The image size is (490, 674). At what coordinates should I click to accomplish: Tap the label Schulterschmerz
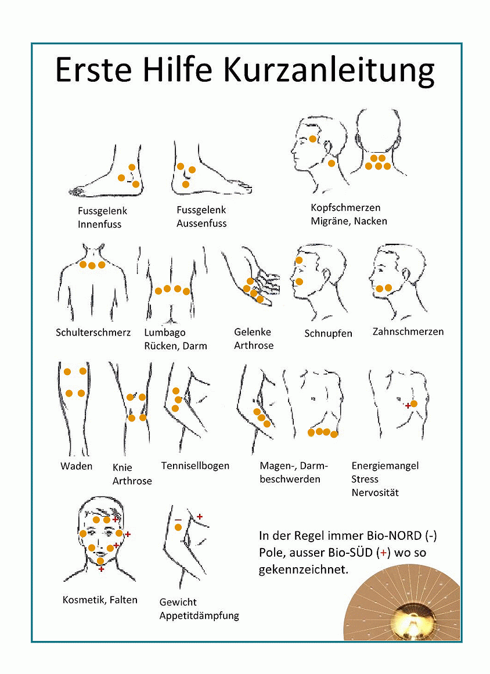(x=93, y=332)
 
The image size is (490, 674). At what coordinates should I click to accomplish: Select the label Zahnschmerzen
(x=408, y=331)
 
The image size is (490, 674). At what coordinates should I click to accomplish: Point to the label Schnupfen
(x=328, y=334)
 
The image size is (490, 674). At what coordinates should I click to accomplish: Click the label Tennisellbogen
(x=195, y=466)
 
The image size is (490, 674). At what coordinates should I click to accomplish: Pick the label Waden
(x=77, y=466)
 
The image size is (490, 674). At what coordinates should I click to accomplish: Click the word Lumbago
(x=165, y=333)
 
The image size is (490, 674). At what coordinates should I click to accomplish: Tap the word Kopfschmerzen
(x=345, y=208)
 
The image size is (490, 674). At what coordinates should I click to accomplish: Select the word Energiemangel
(x=385, y=466)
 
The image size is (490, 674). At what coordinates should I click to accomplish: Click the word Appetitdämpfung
(x=199, y=616)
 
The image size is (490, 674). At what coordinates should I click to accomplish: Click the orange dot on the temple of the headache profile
(x=313, y=139)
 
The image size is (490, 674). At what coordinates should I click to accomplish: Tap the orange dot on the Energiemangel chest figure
(x=414, y=403)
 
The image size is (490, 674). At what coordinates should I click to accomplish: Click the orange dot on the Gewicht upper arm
(x=178, y=528)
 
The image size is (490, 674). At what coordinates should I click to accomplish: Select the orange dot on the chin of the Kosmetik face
(x=100, y=561)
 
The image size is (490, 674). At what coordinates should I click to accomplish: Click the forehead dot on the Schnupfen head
(x=299, y=261)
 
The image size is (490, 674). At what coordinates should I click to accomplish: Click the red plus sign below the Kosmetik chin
(x=101, y=569)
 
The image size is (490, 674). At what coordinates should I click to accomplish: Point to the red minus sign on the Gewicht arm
(x=178, y=520)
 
